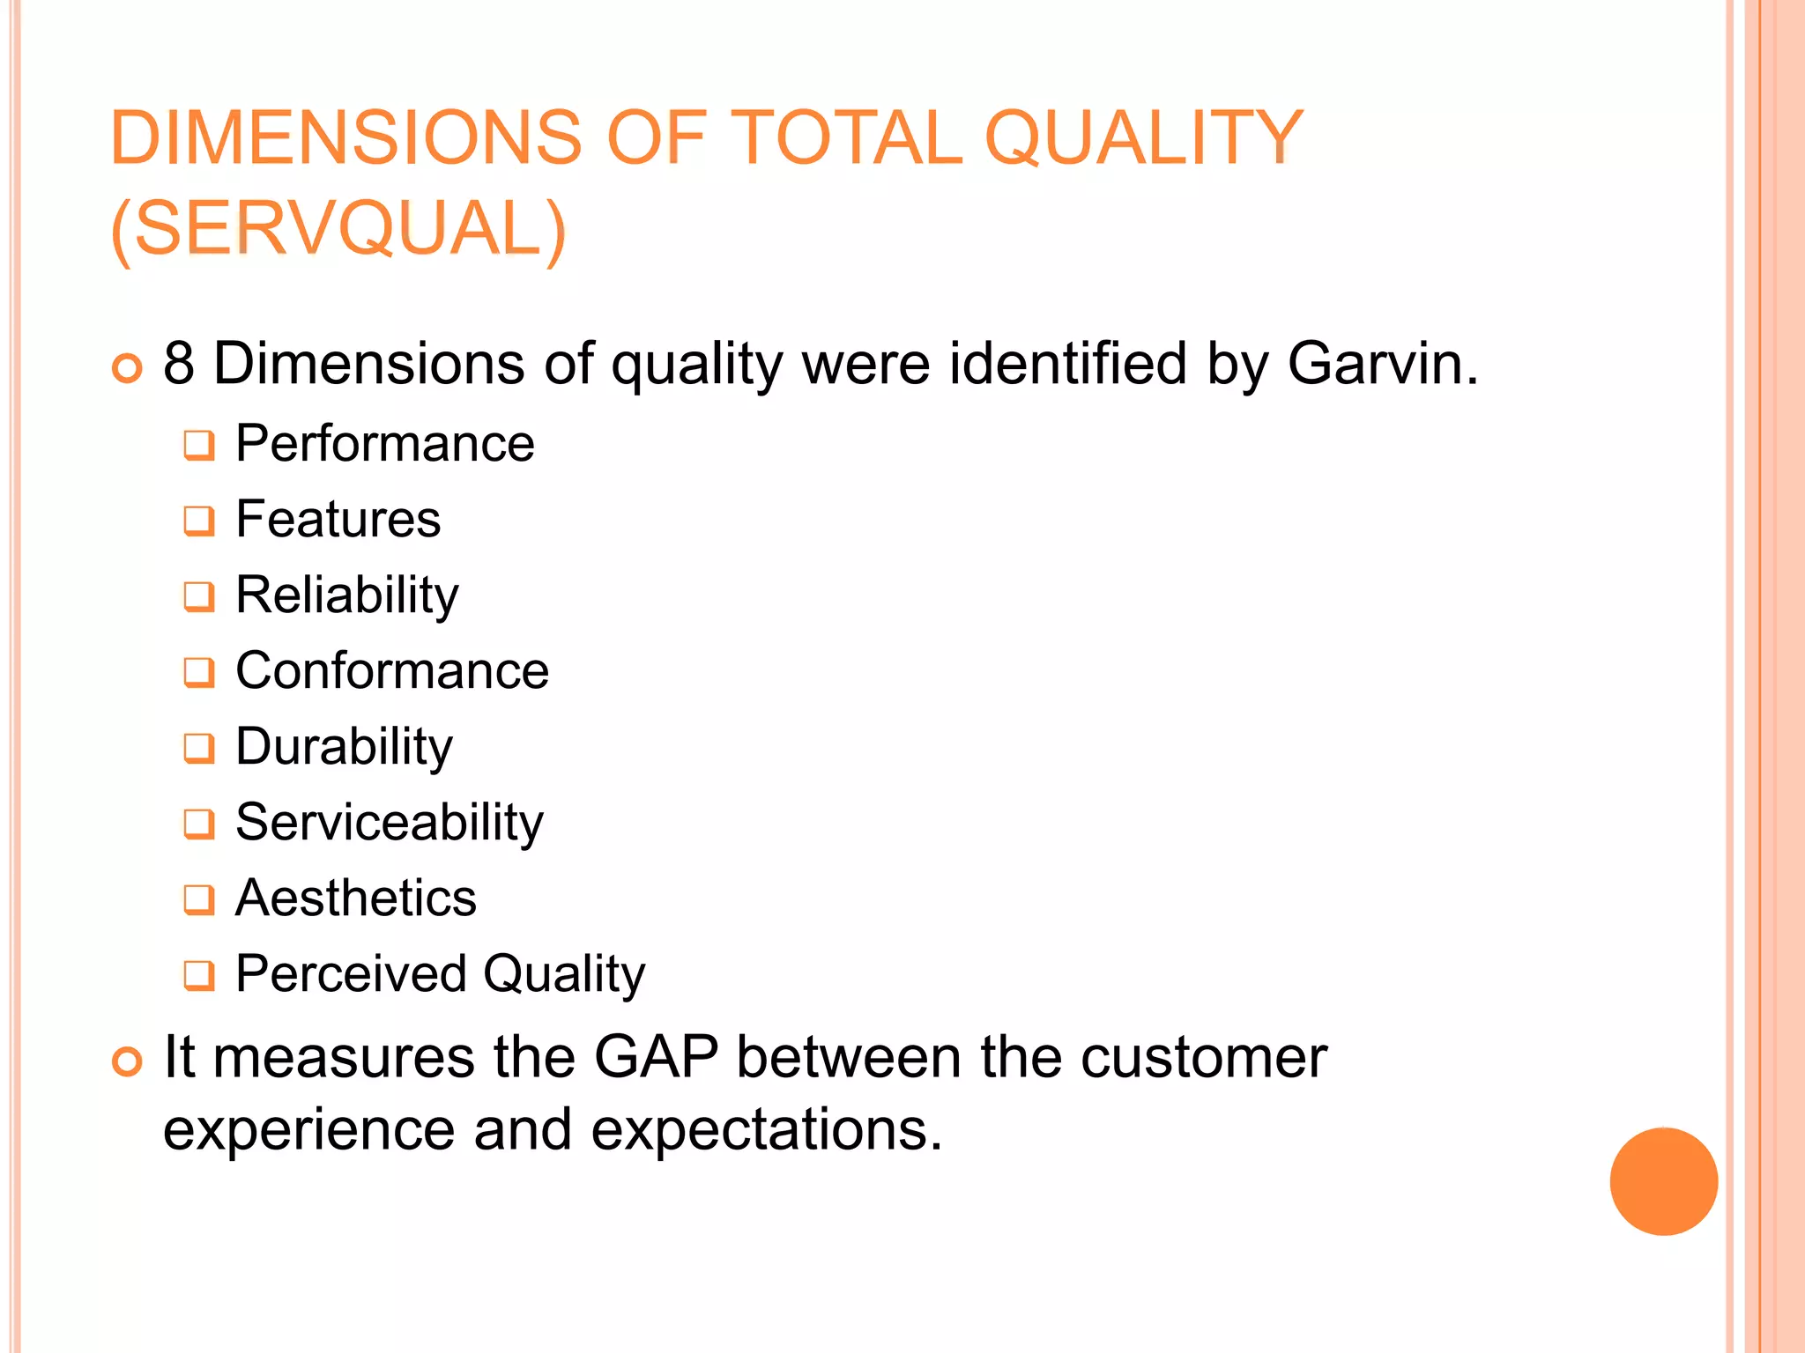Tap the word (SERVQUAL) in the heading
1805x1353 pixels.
[x=338, y=229]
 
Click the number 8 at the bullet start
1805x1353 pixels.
[x=179, y=363]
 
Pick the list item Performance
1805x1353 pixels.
[x=385, y=443]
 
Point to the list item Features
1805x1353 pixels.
[x=338, y=519]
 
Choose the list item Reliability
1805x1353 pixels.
[x=347, y=595]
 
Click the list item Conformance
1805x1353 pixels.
[x=392, y=671]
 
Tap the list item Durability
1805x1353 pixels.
[x=345, y=747]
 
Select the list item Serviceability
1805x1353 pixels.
[x=390, y=823]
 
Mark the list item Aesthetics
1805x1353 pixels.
[x=356, y=898]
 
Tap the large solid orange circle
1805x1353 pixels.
[x=1663, y=1181]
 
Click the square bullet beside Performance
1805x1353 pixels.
[x=199, y=446]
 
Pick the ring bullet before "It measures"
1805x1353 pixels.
[x=128, y=1061]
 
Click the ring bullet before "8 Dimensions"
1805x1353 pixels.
[x=128, y=368]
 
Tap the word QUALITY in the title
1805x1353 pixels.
[x=1143, y=137]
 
